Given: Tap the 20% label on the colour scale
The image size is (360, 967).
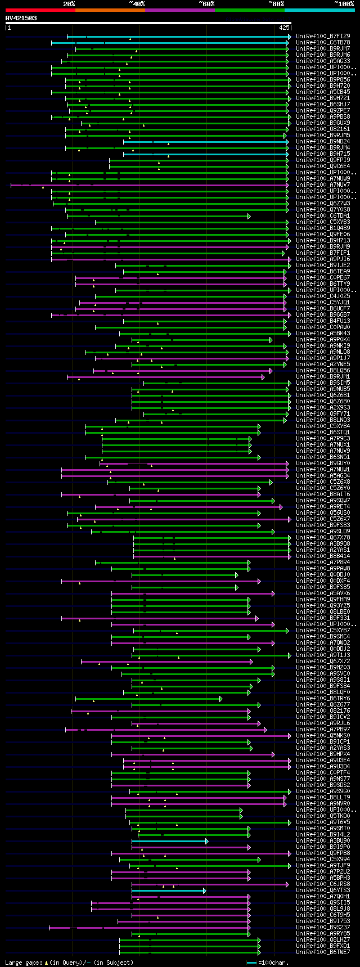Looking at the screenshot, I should point(69,4).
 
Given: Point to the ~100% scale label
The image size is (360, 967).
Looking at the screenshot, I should point(344,4).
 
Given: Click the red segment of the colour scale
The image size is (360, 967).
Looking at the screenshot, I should point(40,10).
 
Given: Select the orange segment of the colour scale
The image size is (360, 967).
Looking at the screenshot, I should point(110,10).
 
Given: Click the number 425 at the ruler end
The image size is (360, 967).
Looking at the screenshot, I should point(284,27).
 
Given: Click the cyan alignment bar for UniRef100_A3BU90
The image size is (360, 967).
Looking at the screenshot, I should point(169,841).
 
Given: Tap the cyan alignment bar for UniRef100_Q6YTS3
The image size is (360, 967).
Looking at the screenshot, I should point(168,890).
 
